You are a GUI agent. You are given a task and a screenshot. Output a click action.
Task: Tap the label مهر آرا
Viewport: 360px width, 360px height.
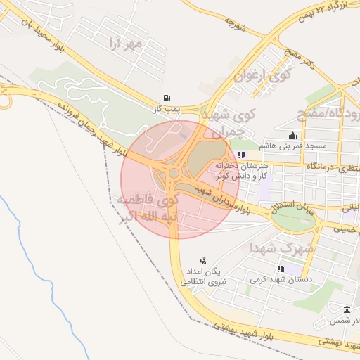pyautogui.click(x=125, y=44)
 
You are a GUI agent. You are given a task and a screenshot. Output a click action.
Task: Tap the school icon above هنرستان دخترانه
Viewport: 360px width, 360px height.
pyautogui.click(x=242, y=155)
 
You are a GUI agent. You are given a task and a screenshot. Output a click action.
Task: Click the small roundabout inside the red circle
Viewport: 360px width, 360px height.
pyautogui.click(x=173, y=172)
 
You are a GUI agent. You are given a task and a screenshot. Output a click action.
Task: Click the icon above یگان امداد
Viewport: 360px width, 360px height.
pyautogui.click(x=204, y=261)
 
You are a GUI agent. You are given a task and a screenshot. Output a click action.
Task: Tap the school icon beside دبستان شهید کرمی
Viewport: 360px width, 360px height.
pyautogui.click(x=281, y=269)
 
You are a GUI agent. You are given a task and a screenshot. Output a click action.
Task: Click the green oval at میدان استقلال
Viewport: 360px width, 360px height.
pyautogui.click(x=293, y=219)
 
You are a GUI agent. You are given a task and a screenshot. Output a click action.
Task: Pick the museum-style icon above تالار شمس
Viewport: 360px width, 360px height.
pyautogui.click(x=347, y=310)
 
